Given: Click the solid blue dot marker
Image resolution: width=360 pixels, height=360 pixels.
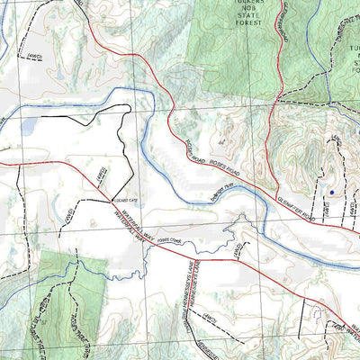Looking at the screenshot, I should (331, 192).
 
